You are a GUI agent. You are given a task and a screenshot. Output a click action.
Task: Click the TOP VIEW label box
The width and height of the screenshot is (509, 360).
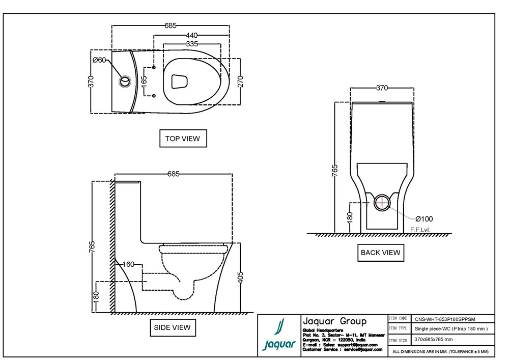[183, 139]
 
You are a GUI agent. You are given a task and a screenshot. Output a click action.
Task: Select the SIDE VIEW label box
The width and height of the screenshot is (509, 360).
[172, 327]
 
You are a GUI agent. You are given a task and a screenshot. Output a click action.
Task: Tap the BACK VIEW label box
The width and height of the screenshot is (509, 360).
[380, 253]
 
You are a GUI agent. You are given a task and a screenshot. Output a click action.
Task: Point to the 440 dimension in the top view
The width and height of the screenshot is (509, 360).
[191, 36]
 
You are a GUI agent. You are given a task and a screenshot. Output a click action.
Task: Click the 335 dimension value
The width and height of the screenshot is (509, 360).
[192, 44]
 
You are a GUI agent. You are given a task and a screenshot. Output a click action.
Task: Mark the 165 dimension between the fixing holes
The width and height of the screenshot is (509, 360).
[144, 81]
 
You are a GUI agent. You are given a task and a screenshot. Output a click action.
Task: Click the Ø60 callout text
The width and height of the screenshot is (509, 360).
[99, 60]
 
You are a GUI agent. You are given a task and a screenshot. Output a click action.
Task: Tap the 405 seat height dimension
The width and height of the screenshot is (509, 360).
[241, 276]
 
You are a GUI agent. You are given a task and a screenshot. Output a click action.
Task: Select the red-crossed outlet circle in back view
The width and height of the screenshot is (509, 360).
[382, 203]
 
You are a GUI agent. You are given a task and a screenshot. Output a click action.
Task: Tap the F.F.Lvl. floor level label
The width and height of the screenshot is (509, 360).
[420, 230]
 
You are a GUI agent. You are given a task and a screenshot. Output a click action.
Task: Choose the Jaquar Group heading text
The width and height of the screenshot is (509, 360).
[334, 321]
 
